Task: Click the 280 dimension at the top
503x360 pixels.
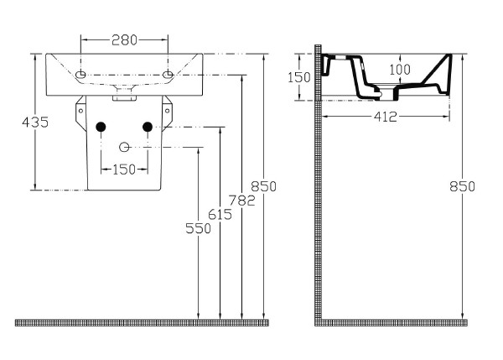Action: point(124,39)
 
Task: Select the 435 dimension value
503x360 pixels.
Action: point(35,122)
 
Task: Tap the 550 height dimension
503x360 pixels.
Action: point(198,227)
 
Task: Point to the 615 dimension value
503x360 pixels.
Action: point(220,214)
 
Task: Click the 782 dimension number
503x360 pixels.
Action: point(241,201)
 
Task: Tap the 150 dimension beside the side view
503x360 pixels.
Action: point(299,77)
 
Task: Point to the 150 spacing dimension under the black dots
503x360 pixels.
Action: point(124,169)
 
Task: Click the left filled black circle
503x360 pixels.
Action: point(101,127)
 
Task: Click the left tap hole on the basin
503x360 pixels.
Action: point(80,76)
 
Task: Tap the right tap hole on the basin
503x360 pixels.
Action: point(168,76)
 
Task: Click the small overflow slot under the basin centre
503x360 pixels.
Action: point(124,97)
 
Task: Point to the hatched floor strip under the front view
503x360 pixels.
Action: point(143,322)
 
